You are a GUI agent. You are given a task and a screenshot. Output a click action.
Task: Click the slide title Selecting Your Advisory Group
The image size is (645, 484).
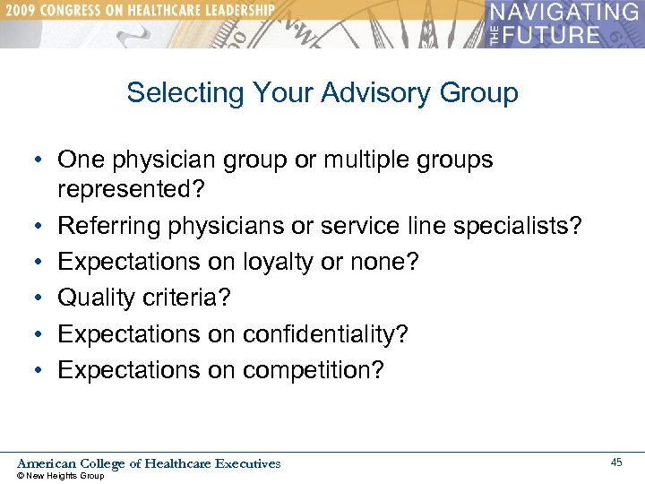click(x=322, y=93)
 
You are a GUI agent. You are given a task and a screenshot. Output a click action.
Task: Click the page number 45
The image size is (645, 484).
click(x=616, y=462)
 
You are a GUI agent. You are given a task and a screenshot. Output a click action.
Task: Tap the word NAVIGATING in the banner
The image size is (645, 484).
click(x=563, y=13)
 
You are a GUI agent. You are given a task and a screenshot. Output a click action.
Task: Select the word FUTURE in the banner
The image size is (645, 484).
click(x=555, y=35)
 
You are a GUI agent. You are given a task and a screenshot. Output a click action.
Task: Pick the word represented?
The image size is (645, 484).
click(x=129, y=191)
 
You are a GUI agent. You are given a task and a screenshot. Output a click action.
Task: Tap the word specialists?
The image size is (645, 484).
click(x=519, y=226)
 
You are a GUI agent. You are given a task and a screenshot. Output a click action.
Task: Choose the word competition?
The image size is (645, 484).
click(x=313, y=369)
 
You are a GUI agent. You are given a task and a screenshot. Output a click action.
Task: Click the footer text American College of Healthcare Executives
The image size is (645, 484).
click(x=149, y=463)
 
